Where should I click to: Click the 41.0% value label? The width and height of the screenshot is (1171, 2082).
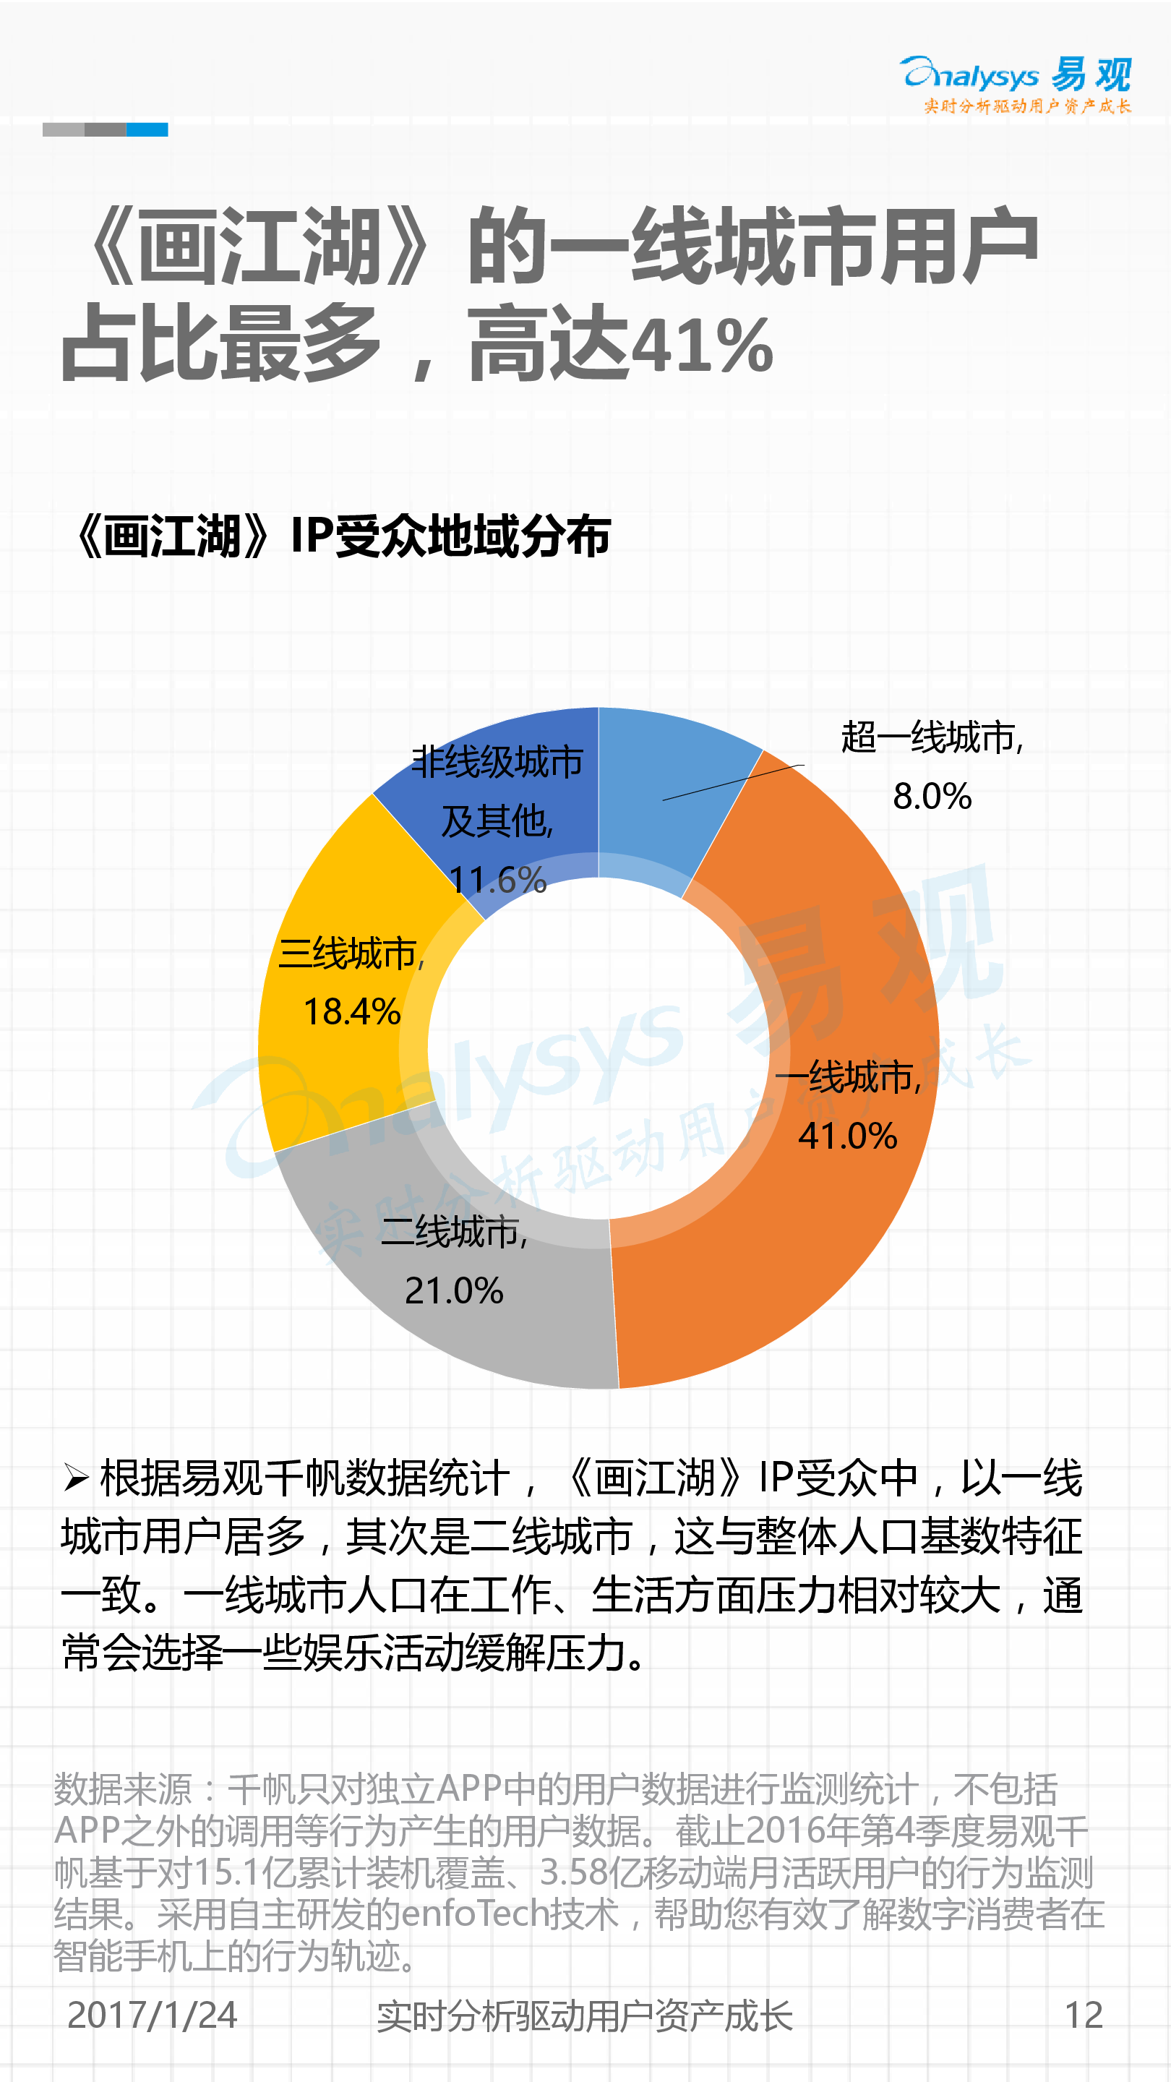(x=848, y=1136)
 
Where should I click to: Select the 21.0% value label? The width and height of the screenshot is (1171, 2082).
(x=454, y=1290)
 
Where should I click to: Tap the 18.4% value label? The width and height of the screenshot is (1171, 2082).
(x=351, y=1012)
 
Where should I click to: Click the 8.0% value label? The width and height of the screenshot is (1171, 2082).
(x=932, y=797)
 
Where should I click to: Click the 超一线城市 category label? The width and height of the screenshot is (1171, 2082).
(x=931, y=738)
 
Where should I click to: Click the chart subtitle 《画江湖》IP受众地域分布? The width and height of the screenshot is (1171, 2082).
(x=343, y=536)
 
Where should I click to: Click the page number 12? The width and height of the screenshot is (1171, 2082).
(x=1084, y=2015)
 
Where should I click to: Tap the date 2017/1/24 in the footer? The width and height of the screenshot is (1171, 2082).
(x=152, y=2015)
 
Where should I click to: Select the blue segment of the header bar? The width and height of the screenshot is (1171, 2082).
(x=147, y=129)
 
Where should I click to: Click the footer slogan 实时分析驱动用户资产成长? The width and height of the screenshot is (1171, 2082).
(x=584, y=2015)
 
